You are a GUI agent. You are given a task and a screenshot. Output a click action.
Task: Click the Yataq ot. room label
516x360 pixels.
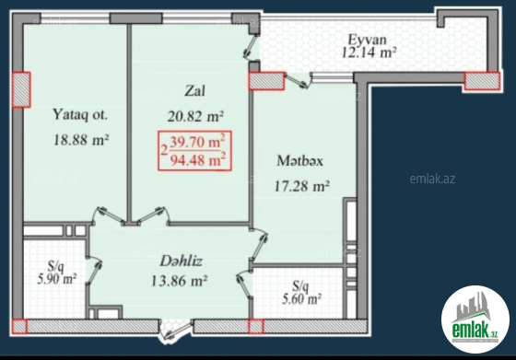[x=80, y=115]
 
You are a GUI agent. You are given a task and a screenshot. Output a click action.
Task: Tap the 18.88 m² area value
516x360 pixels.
[x=81, y=140]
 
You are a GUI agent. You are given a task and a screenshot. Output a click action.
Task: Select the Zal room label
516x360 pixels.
[x=194, y=91]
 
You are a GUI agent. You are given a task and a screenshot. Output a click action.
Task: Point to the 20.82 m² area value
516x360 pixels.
[x=195, y=116]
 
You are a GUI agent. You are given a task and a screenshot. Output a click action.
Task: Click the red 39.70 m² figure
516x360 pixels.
[x=197, y=142]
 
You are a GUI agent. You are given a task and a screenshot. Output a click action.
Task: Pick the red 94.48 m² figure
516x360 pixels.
[x=197, y=160]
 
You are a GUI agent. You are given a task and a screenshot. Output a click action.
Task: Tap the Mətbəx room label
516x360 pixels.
[x=299, y=161]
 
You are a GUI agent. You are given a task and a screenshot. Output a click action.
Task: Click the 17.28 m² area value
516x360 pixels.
[x=302, y=186]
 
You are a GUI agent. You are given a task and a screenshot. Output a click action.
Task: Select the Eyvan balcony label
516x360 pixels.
[x=368, y=40]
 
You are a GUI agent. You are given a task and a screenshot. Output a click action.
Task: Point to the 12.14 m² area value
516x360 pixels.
[x=369, y=52]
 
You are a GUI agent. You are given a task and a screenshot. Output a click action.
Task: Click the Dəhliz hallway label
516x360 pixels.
[x=181, y=261]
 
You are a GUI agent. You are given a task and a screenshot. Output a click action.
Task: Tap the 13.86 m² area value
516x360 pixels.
[x=179, y=281]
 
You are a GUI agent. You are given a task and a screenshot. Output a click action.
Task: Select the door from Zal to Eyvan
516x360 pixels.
[x=251, y=47]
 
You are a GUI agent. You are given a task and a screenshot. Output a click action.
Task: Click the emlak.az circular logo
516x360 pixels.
[x=475, y=319]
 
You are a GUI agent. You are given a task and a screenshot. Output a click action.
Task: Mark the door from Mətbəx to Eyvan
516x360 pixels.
[x=298, y=81]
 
